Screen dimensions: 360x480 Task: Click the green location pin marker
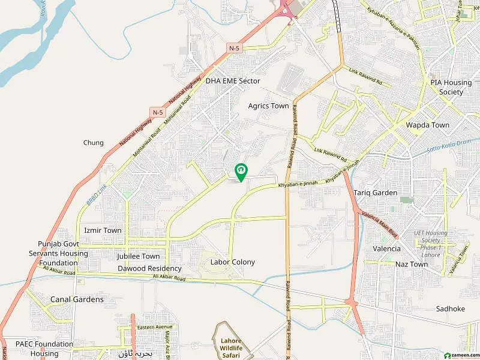tap(241, 172)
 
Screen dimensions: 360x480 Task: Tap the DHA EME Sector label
tap(233, 80)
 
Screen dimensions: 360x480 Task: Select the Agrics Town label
tap(268, 106)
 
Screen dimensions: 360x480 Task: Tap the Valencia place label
tap(386, 248)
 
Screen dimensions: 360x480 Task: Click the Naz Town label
tap(411, 264)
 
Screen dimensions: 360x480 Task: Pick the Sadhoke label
tap(450, 308)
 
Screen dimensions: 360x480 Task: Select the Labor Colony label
tap(232, 262)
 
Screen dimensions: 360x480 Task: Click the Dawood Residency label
tap(149, 268)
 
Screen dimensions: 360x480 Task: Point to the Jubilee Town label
tap(139, 256)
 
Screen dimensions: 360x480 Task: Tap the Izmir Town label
tap(103, 230)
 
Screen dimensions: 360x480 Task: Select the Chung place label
tap(93, 143)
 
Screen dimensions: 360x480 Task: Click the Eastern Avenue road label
tap(154, 327)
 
